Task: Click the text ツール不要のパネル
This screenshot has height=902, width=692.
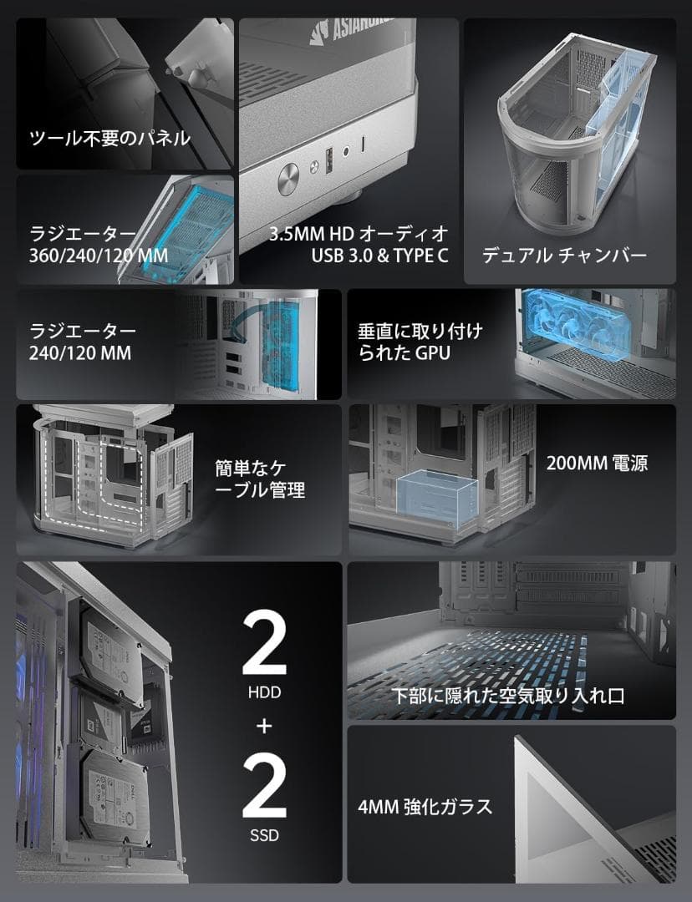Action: point(109,139)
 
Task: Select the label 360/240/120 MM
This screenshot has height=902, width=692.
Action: point(99,255)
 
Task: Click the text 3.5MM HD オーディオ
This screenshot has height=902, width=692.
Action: point(359,233)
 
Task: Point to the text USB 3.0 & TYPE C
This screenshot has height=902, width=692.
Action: point(379,256)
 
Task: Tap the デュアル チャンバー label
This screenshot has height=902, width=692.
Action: point(564,256)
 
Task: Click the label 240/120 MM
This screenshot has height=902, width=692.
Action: point(80,353)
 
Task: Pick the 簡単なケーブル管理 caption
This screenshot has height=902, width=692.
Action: point(260,478)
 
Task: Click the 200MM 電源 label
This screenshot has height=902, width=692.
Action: point(597,463)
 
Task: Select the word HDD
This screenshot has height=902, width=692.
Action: point(264,692)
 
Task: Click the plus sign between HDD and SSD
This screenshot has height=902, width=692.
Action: point(264,726)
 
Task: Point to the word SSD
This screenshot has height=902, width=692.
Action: point(264,835)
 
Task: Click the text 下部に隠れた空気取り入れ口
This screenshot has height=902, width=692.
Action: point(510,695)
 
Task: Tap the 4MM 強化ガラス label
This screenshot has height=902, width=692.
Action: point(425,807)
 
